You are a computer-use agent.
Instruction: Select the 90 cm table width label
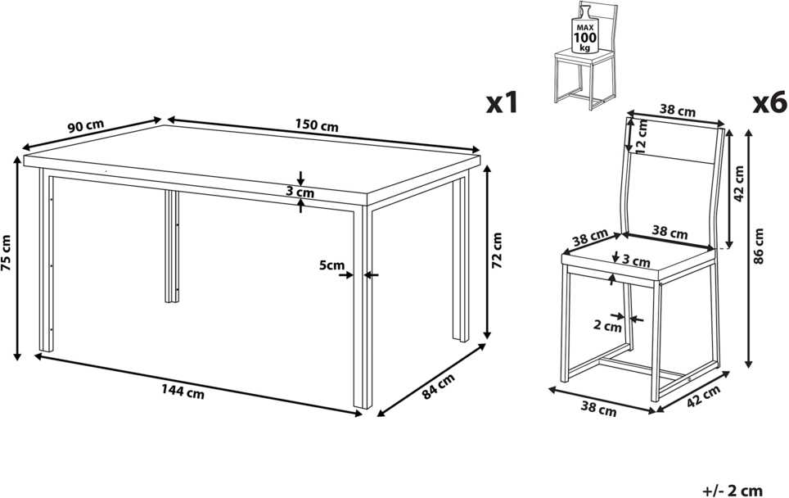(x=86, y=126)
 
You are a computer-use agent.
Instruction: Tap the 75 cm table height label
(x=6, y=253)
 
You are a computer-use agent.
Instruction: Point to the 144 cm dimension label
(x=183, y=392)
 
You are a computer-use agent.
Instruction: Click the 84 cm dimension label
(x=438, y=386)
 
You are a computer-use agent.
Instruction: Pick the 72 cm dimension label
(x=497, y=250)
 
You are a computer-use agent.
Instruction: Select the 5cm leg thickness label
(x=331, y=265)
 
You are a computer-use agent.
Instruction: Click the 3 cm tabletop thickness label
(x=300, y=192)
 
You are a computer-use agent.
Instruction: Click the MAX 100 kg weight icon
(x=584, y=29)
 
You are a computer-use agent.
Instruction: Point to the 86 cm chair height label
(x=760, y=246)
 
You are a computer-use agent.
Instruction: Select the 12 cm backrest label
(x=641, y=135)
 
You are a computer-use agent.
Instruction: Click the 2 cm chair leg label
(x=607, y=326)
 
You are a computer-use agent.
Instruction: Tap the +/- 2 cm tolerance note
(x=733, y=490)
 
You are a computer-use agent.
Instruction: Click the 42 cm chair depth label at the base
(x=703, y=396)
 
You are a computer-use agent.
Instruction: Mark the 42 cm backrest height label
(x=739, y=183)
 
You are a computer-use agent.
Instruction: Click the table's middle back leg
(x=172, y=247)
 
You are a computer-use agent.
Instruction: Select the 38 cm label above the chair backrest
(x=678, y=111)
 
